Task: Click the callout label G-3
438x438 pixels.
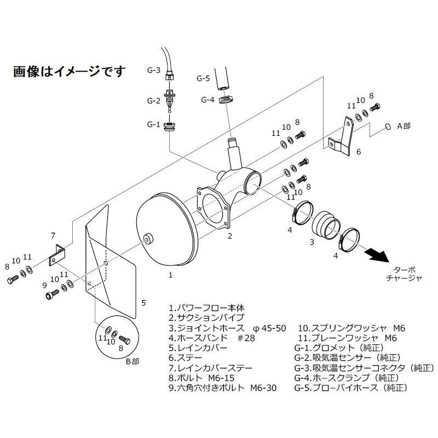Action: pos(154,71)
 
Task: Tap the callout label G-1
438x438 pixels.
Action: pos(154,124)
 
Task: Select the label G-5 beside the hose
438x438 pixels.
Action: pos(203,79)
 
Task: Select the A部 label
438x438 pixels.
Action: pos(403,126)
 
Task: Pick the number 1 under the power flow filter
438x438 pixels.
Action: pos(171,276)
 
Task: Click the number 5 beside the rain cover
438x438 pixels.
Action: pos(143,302)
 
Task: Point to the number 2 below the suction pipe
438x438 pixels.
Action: pos(230,237)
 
